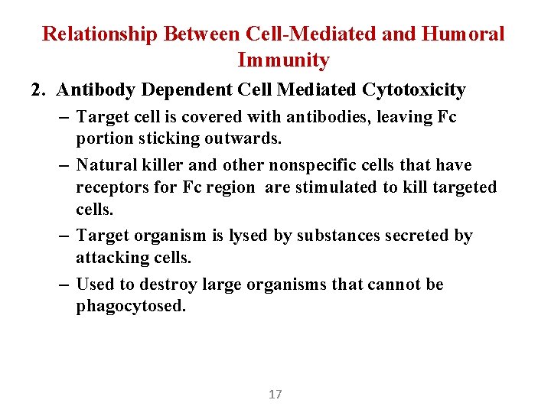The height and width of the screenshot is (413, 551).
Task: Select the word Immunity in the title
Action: [x=284, y=60]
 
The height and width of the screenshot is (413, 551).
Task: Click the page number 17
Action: [x=275, y=395]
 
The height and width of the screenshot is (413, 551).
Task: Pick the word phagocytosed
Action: [x=131, y=307]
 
